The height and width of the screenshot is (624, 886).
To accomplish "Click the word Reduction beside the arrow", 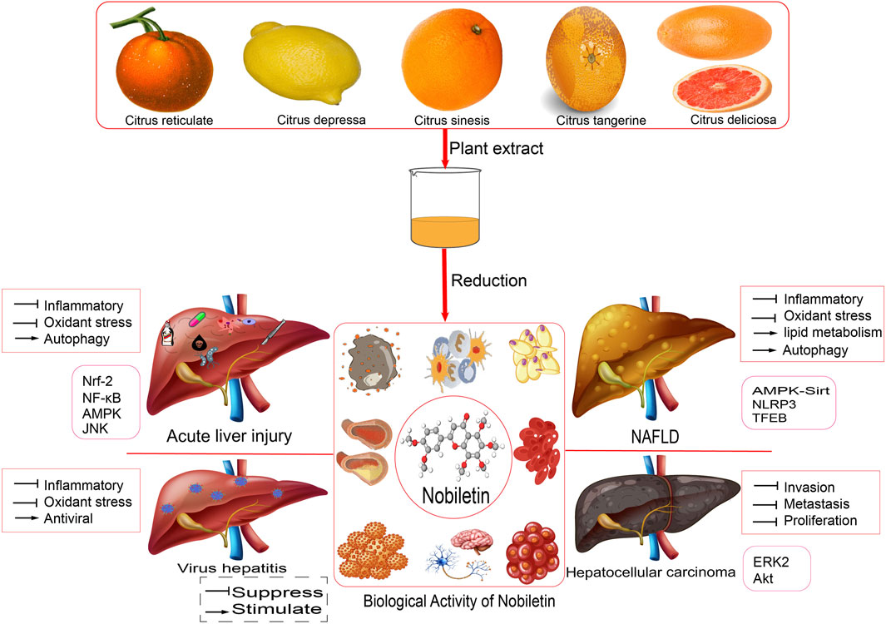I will [x=488, y=280].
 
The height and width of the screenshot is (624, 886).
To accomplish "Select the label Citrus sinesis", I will [x=449, y=120].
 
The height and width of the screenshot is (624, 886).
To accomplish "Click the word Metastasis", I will [x=819, y=504].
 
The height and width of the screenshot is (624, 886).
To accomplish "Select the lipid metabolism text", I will [x=827, y=333].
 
